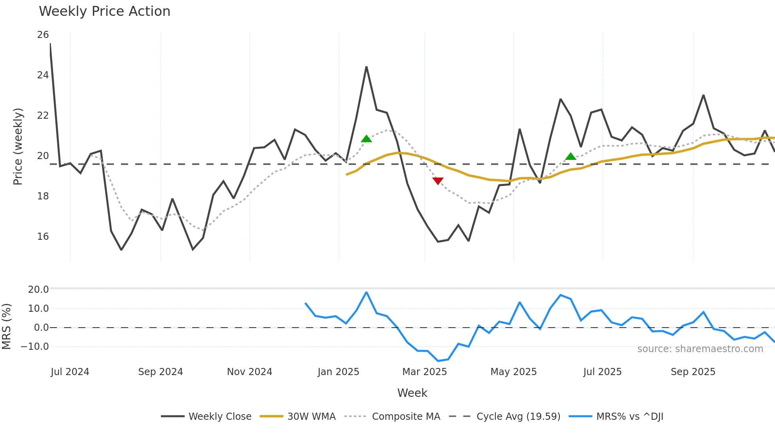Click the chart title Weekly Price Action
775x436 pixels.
[x=104, y=11]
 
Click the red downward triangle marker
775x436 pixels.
[x=438, y=181]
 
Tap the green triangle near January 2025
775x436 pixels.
[x=366, y=139]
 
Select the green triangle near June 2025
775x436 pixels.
[x=571, y=156]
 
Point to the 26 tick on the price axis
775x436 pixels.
[x=43, y=35]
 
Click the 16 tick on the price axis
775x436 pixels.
[x=43, y=237]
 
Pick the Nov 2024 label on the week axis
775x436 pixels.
[x=250, y=372]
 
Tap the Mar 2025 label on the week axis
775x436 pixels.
[x=424, y=372]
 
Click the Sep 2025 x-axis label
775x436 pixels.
[x=693, y=372]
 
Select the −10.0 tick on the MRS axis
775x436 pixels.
[x=35, y=347]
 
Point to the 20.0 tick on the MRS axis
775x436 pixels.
[x=38, y=290]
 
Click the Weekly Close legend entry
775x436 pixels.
[x=219, y=417]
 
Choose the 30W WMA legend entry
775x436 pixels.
[x=311, y=417]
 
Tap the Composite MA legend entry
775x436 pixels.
[x=406, y=417]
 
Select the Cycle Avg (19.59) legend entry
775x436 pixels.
[x=518, y=417]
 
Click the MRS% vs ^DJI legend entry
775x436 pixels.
[x=629, y=417]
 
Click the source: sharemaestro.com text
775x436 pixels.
[x=700, y=349]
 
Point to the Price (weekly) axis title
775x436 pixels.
[x=18, y=146]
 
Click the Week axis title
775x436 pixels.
[x=412, y=393]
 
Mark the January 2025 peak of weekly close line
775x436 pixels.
[x=366, y=67]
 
